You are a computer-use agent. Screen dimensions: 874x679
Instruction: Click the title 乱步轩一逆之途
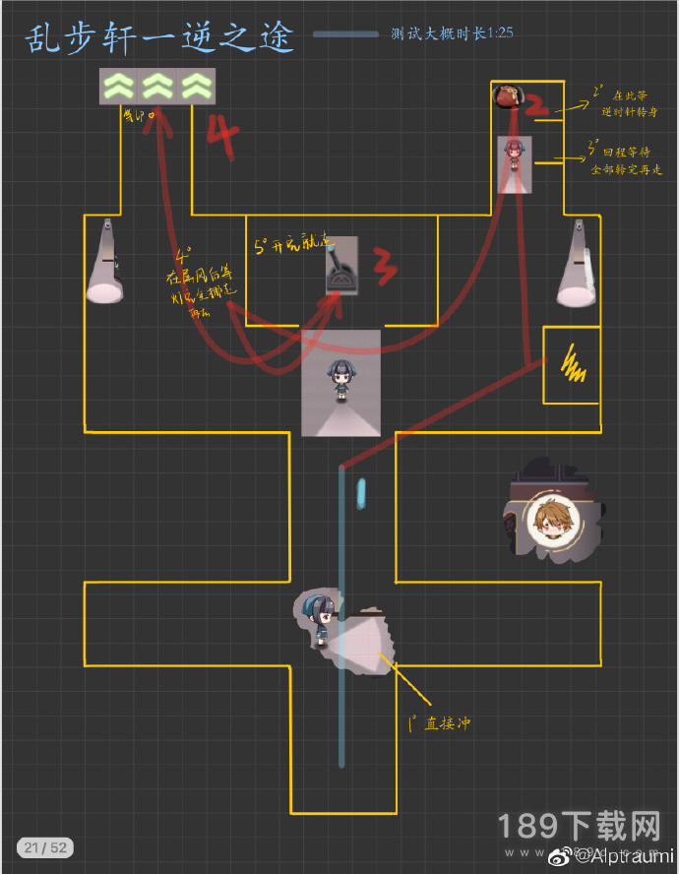pos(160,37)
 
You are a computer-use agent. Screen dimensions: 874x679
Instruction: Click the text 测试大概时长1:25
pos(451,33)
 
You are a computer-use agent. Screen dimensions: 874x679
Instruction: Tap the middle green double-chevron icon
pos(157,87)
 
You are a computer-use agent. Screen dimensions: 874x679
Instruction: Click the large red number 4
pos(221,137)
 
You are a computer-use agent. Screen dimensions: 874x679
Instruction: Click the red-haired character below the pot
pos(514,163)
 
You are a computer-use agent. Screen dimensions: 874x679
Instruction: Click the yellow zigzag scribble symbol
pos(572,365)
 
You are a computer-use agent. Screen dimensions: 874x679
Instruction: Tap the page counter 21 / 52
pos(45,847)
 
